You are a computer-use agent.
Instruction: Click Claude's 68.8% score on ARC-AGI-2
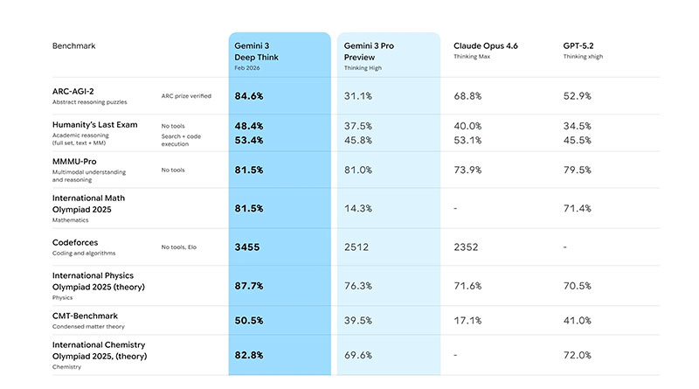tap(472, 95)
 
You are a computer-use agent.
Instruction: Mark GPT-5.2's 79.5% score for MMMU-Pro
tap(578, 170)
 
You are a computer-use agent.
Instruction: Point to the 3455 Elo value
tap(248, 247)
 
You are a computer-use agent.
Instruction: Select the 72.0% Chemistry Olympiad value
tap(578, 355)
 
